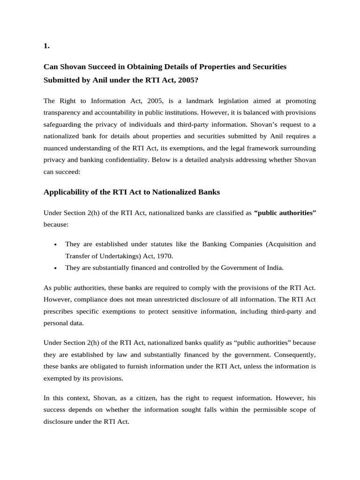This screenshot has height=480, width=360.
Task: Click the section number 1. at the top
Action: [46, 46]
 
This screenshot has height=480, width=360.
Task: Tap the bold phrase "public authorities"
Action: [285, 212]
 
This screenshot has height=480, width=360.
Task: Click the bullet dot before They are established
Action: [56, 245]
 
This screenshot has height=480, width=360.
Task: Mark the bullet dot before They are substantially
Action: [56, 268]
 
